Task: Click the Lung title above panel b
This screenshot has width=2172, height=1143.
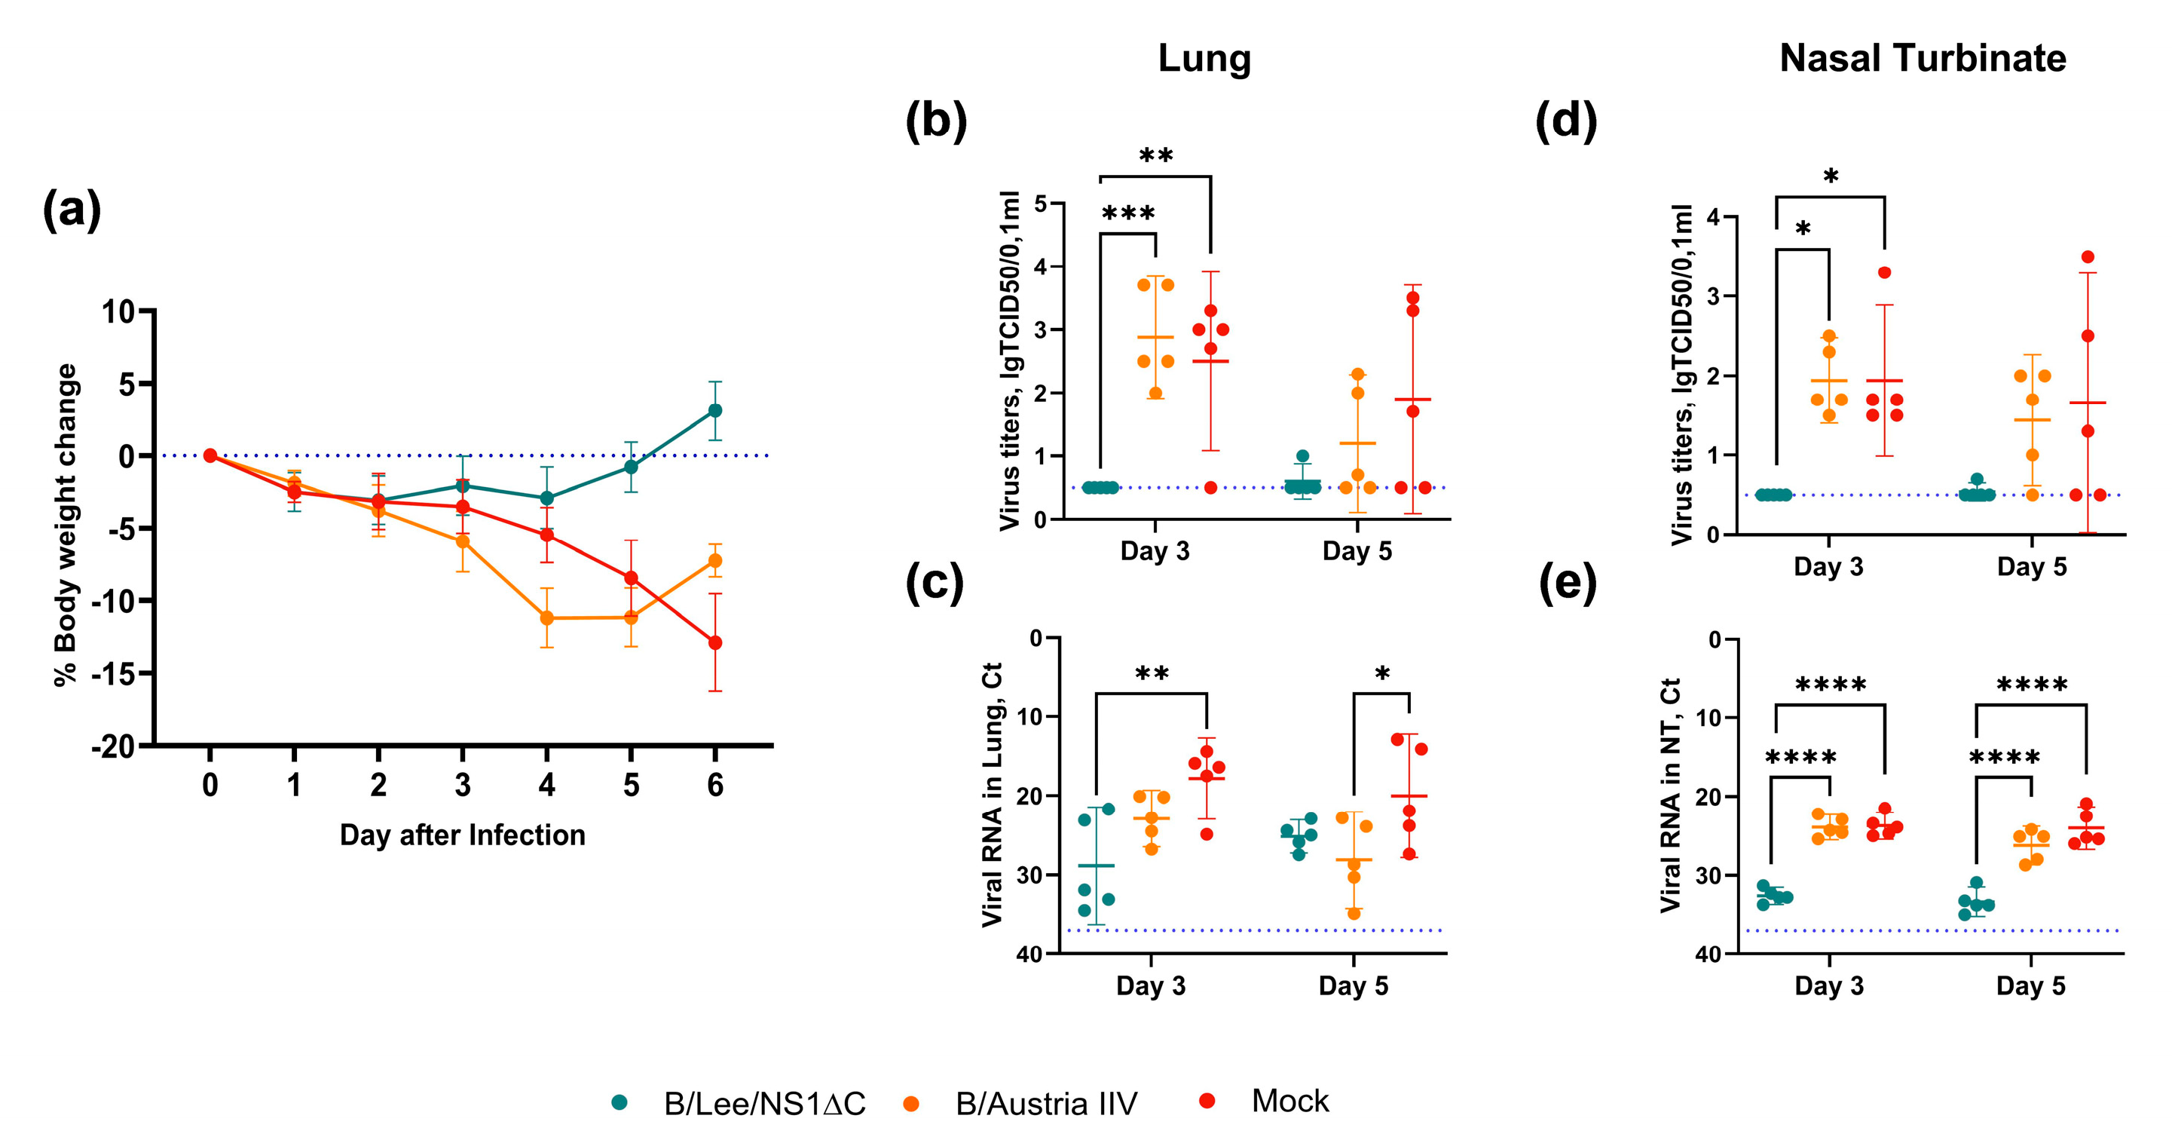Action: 1204,59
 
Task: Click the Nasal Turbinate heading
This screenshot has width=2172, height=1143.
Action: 1923,59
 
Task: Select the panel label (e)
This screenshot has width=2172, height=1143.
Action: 1568,582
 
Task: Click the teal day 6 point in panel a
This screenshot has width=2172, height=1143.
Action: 715,411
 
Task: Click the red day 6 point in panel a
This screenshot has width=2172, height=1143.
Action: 715,643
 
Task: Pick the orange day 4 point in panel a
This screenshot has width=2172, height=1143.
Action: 546,618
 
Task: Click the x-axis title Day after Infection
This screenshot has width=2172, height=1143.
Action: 462,835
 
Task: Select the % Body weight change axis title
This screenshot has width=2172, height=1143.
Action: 66,525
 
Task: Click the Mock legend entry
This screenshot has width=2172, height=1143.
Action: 1289,1102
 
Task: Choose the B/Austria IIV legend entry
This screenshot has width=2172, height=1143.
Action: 1045,1103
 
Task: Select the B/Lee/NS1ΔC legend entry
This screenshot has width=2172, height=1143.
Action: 764,1103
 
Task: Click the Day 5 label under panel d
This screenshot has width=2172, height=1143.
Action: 2031,567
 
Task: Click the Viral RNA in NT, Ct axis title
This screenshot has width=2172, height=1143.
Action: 1670,795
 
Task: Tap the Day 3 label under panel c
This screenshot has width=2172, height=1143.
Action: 1150,986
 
